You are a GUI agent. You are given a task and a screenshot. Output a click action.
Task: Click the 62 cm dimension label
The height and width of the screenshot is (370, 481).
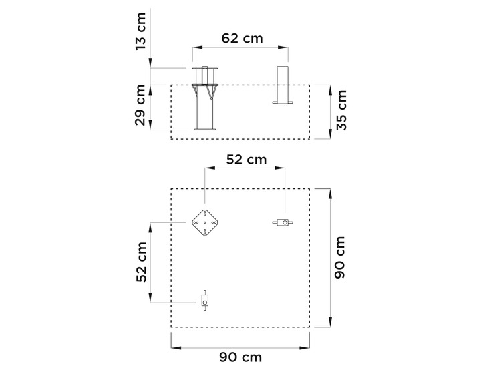[242, 38]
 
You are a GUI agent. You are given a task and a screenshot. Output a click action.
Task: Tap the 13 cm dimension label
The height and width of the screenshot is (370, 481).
[140, 31]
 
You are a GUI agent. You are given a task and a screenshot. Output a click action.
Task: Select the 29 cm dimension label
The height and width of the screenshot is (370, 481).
[140, 105]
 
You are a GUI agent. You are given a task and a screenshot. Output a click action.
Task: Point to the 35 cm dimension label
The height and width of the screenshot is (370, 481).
[341, 110]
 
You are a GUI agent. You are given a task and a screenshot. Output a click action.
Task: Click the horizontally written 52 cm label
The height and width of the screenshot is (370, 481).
[247, 160]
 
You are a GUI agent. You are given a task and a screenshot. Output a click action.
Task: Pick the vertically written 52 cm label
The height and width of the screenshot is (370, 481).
[142, 262]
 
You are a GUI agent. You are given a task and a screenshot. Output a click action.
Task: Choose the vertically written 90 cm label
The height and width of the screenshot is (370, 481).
[339, 257]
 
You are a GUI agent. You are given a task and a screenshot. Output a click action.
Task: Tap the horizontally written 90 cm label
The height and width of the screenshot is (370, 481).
[240, 357]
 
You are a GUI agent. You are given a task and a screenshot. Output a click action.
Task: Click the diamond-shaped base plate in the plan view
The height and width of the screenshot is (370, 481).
[204, 223]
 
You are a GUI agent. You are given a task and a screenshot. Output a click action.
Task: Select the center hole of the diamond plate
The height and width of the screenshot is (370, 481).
[204, 223]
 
